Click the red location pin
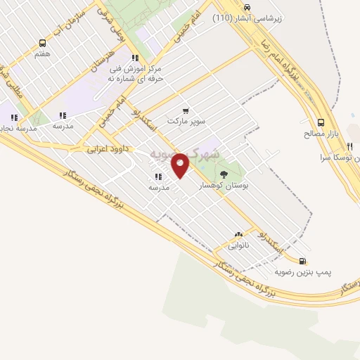tap(181, 165)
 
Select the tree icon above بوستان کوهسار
tap(224, 173)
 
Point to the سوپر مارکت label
tap(186, 121)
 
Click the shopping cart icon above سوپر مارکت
tap(186, 110)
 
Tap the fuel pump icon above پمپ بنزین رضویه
tap(302, 259)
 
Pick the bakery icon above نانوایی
tap(239, 235)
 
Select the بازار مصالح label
tap(321, 132)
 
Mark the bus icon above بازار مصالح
tap(321, 121)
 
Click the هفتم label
tap(42, 53)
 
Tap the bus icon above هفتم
tap(42, 43)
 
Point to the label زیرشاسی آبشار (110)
tap(247, 18)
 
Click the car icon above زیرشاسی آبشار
tap(246, 7)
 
